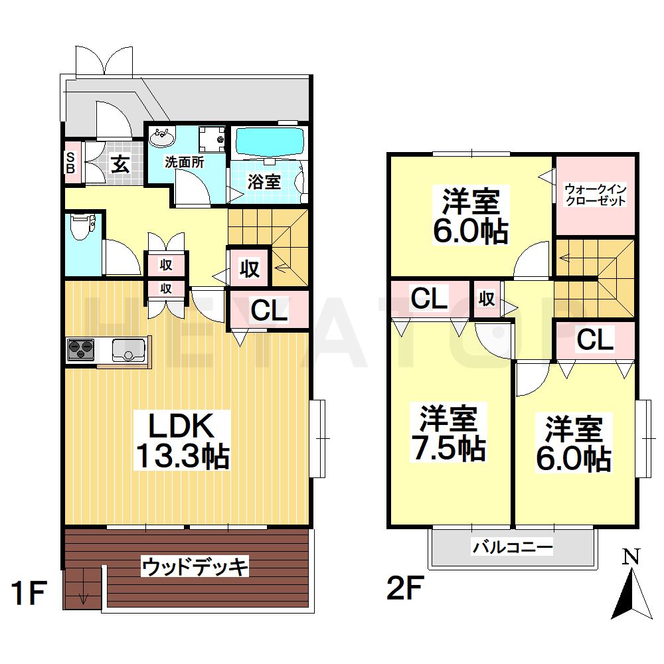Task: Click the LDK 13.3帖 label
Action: [183, 442]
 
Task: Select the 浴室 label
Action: [264, 181]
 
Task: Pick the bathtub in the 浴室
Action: [270, 141]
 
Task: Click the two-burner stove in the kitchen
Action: [81, 349]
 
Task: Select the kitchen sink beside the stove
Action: [128, 348]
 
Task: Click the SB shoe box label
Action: [70, 162]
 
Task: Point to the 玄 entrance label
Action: [120, 163]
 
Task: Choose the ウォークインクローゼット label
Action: [595, 195]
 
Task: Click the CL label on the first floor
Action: [269, 309]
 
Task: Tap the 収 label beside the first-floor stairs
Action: [249, 268]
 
